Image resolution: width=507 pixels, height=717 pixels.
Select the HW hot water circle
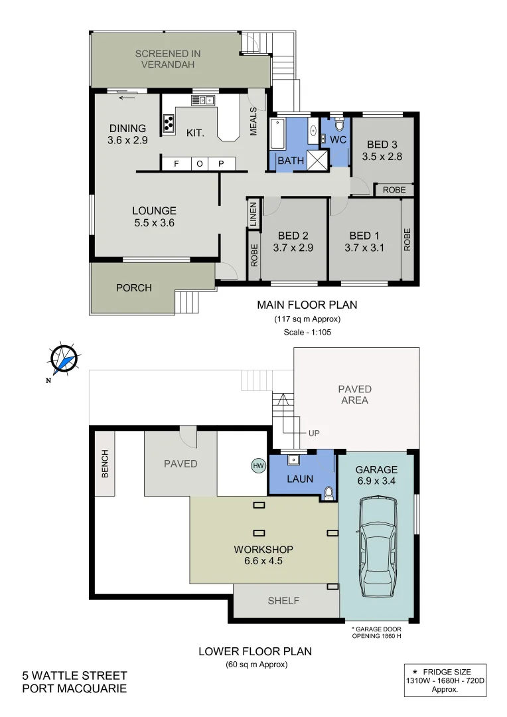point(258,466)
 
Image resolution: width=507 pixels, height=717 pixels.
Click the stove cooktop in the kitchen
point(169,122)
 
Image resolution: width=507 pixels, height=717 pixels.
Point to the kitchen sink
point(204,101)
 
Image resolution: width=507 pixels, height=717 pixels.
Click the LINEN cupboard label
point(253,214)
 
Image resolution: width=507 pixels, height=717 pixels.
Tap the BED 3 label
point(382,145)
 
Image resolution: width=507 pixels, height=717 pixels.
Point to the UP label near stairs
point(313,433)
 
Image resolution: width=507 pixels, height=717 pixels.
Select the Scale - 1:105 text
point(307,331)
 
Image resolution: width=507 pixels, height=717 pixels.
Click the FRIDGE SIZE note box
point(445,679)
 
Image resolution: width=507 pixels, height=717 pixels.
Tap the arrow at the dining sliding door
point(127,98)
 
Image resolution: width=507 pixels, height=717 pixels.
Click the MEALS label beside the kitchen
point(253,121)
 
